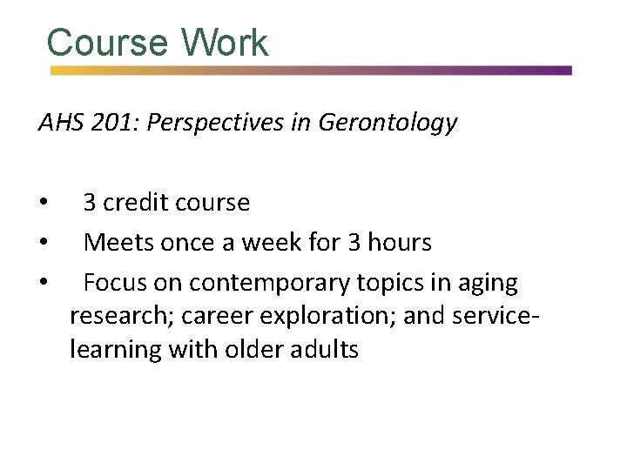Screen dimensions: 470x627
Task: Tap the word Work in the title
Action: [x=226, y=43]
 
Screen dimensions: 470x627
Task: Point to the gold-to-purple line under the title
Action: [x=311, y=70]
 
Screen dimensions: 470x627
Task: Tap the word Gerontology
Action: [x=388, y=124]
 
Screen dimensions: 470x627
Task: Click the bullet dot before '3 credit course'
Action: [x=44, y=204]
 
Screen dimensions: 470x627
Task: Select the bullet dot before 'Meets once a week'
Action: [x=44, y=244]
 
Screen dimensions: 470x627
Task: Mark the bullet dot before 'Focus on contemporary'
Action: [x=44, y=284]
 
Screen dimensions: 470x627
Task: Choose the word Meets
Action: [x=118, y=243]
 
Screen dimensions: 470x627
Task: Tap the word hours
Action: [x=399, y=243]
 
